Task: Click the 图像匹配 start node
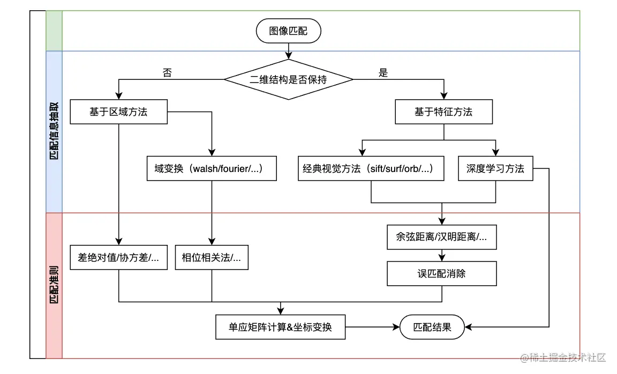click(289, 31)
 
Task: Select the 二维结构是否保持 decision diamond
click(289, 80)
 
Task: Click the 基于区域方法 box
click(118, 112)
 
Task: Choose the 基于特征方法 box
click(443, 112)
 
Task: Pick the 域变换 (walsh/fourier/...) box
click(212, 169)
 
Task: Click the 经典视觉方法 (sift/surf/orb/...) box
click(371, 169)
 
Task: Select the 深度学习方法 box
click(495, 169)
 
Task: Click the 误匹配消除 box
click(442, 273)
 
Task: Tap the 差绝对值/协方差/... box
click(118, 258)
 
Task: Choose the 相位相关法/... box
click(212, 258)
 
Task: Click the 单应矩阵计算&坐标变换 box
click(280, 327)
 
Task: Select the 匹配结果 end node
click(432, 327)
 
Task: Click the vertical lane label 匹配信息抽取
click(54, 132)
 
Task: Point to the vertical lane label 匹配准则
click(54, 285)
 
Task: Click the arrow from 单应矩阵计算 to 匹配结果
click(372, 327)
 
